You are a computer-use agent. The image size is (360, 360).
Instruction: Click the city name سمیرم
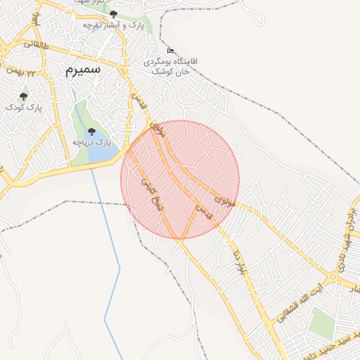pyautogui.click(x=83, y=70)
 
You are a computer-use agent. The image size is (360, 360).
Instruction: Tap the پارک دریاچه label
pyautogui.click(x=92, y=143)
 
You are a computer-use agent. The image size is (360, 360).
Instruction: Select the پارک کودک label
pyautogui.click(x=24, y=108)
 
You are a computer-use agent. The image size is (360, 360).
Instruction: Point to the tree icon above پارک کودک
pyautogui.click(x=23, y=96)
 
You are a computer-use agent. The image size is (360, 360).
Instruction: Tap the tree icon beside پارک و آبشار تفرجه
pyautogui.click(x=113, y=14)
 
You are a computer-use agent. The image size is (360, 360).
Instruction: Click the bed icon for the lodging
pyautogui.click(x=171, y=50)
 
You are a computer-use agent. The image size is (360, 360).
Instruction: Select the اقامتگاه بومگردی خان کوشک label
pyautogui.click(x=171, y=66)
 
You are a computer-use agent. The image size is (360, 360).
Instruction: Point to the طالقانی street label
pyautogui.click(x=36, y=44)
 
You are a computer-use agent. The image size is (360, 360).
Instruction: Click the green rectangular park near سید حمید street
pyautogui.click(x=323, y=323)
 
